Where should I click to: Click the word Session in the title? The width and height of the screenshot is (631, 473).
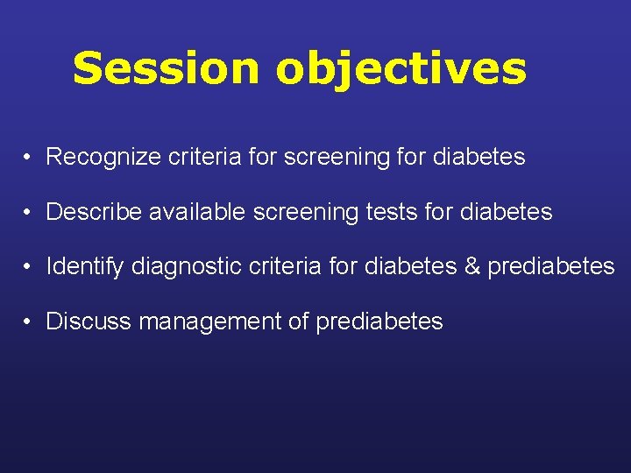click(167, 68)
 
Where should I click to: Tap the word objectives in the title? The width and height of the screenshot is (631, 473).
click(401, 68)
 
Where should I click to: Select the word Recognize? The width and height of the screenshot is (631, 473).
click(96, 158)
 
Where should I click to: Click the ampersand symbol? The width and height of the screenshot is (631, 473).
click(471, 266)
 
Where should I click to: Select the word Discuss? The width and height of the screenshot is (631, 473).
click(89, 321)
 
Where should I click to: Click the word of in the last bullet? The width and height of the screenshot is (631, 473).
click(298, 321)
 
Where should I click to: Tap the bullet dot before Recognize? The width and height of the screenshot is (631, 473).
click(29, 158)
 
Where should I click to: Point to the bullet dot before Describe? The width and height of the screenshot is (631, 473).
click(29, 212)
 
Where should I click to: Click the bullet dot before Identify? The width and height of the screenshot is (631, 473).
click(29, 266)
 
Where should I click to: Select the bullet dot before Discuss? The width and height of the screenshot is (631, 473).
click(29, 321)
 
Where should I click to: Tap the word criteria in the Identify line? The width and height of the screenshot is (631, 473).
click(282, 266)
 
